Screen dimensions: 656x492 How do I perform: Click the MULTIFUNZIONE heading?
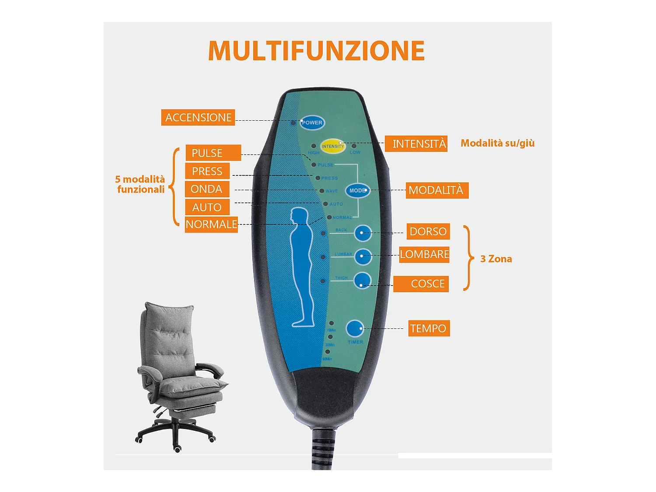click(316, 51)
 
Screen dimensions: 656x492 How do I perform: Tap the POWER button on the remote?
click(312, 122)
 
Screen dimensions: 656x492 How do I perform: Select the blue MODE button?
click(358, 191)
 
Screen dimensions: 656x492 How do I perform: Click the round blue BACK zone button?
click(363, 233)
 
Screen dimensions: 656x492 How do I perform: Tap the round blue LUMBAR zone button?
click(363, 257)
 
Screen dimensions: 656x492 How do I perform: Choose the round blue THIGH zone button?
click(363, 281)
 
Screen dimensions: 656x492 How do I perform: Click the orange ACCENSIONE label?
click(198, 118)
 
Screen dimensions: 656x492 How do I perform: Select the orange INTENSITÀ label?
click(416, 144)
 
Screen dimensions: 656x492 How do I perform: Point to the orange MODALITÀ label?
click(437, 190)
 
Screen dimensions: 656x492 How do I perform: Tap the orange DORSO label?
click(428, 231)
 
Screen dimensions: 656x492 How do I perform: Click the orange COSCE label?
click(421, 284)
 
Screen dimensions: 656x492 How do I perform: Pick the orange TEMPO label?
click(429, 328)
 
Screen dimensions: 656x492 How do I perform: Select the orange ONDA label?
click(207, 189)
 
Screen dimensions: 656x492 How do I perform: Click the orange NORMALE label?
click(211, 224)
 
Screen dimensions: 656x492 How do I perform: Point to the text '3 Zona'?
click(496, 259)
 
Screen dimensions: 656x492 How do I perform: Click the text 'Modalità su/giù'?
click(497, 143)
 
